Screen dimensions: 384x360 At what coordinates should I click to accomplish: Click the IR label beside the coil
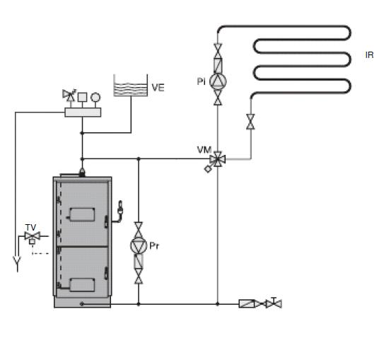tap(369, 55)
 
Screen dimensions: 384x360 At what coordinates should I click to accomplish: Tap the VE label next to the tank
tap(158, 88)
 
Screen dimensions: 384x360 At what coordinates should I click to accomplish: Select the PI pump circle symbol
tap(218, 82)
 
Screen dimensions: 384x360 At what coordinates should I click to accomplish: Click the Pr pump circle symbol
tap(139, 245)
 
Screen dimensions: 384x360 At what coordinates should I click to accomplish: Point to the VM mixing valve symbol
tap(217, 159)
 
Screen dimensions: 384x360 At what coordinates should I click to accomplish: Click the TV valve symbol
tap(32, 236)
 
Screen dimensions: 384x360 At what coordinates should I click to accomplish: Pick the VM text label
tap(204, 150)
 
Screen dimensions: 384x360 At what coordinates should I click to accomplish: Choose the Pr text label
tap(154, 245)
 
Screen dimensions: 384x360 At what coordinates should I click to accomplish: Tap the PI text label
tap(202, 81)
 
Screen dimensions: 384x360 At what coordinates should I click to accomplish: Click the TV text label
tap(30, 227)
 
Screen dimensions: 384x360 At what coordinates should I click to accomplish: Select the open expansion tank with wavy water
tap(131, 86)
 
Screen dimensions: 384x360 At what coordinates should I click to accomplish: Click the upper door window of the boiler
tap(82, 214)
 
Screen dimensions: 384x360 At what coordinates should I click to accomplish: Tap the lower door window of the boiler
tap(82, 285)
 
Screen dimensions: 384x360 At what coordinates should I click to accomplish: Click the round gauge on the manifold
tap(95, 97)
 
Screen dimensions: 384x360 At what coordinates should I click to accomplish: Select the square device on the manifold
tap(82, 97)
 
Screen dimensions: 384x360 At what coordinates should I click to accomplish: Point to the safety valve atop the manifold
tap(69, 95)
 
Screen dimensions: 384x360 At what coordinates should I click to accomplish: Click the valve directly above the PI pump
tap(218, 51)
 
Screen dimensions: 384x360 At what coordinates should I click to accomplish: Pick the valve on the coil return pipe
tap(250, 122)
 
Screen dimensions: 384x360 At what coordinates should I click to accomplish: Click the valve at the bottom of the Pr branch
tap(139, 277)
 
